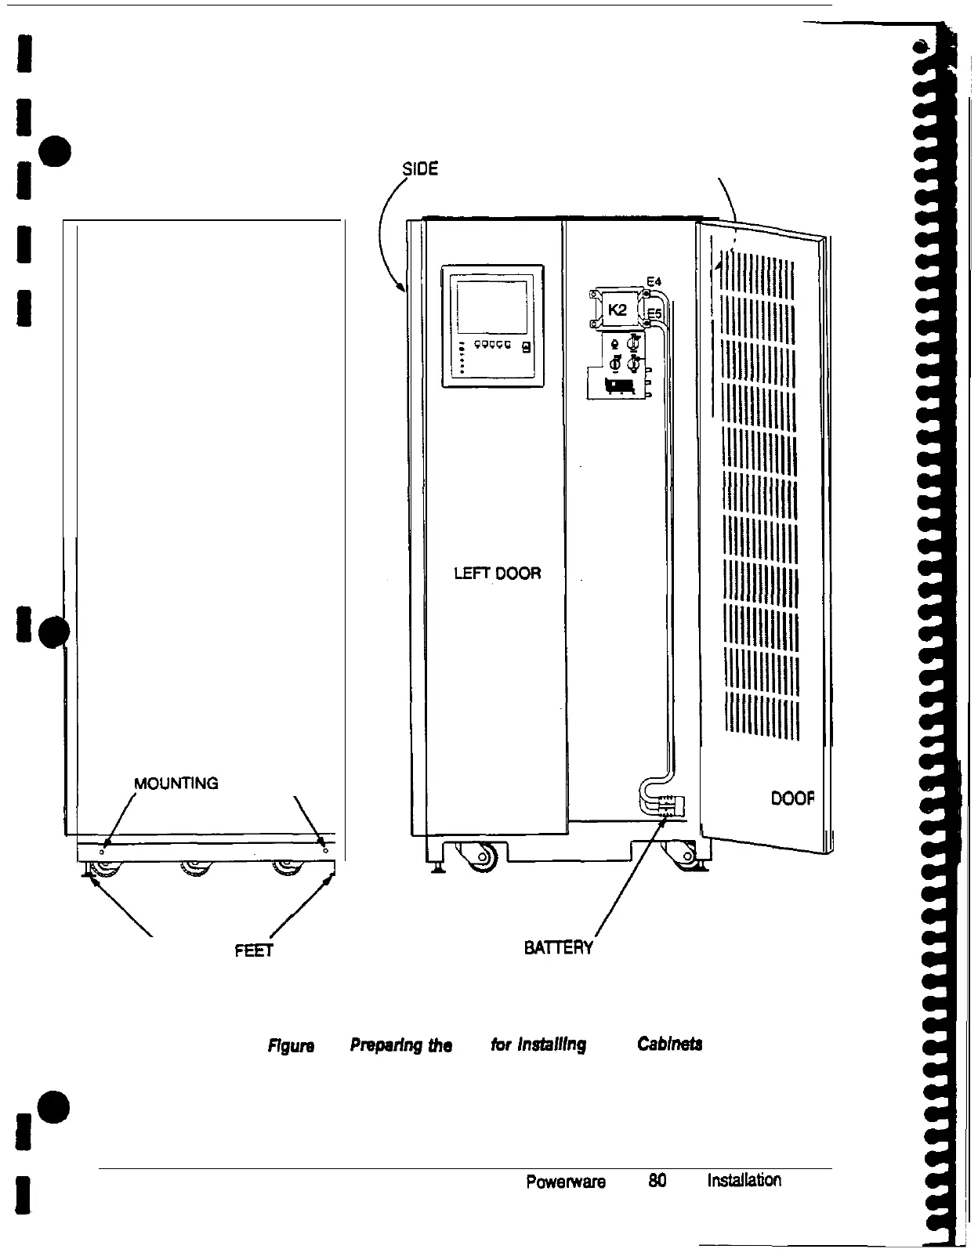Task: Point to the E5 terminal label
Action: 654,314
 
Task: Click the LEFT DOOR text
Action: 498,574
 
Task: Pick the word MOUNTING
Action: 176,783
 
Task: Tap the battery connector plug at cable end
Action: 672,805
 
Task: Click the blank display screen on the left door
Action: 492,308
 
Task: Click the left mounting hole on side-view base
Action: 102,849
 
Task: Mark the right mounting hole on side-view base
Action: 324,849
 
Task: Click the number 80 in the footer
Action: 657,1203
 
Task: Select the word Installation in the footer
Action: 744,1202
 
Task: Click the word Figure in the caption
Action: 292,1046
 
